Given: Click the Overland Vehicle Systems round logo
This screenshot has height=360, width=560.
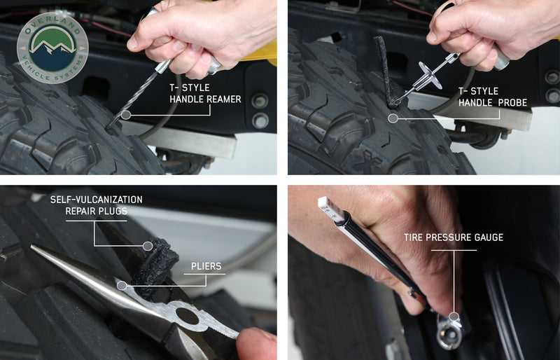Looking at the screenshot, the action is [x=52, y=48].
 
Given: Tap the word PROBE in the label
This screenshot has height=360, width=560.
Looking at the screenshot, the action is [x=513, y=102].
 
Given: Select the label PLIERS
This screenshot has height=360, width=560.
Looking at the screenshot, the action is [x=206, y=266].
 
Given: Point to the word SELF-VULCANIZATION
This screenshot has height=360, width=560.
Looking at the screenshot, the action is [x=96, y=199].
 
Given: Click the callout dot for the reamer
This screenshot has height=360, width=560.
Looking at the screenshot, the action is [x=126, y=115].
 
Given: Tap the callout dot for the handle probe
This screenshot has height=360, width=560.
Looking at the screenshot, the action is [x=393, y=118].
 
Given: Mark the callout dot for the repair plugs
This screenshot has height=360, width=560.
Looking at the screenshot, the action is [x=148, y=246].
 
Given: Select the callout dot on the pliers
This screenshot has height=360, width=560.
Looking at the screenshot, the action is [x=122, y=285].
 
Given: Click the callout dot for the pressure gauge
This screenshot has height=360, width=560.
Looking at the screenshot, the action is [x=454, y=317].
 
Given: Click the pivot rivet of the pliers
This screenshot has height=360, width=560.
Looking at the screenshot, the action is [x=187, y=316].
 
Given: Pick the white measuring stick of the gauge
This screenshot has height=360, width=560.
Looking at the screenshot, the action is [x=331, y=209].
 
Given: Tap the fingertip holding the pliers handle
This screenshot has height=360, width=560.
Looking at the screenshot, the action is [x=256, y=344].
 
